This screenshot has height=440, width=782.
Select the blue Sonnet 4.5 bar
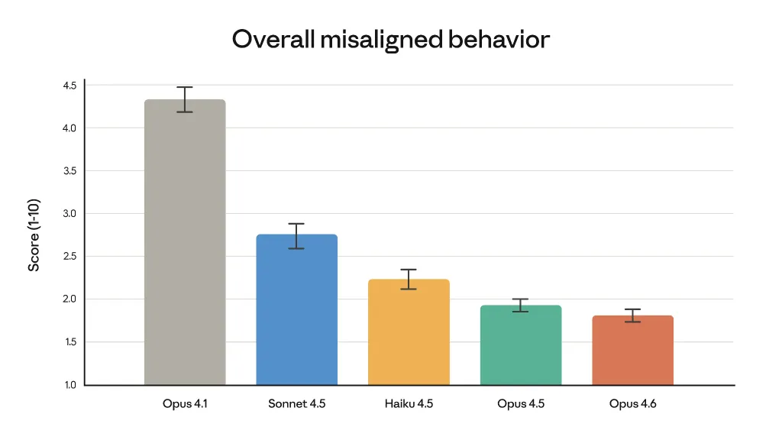coord(296,309)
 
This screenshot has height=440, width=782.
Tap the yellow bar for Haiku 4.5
coord(409,332)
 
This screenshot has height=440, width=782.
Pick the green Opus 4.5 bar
coord(521,345)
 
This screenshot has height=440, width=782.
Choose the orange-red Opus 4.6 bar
coord(632,350)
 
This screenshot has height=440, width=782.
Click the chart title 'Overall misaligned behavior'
coord(390,39)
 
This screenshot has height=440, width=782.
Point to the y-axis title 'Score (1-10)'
coord(34,235)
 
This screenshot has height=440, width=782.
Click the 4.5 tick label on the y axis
coord(69,86)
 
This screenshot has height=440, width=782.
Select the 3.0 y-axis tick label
coord(69,214)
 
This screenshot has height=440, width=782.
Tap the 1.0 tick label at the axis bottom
coord(69,385)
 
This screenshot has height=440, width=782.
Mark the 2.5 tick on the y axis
coord(69,257)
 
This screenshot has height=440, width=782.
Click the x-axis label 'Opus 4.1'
coord(185,403)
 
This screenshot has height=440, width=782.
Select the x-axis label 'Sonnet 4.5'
coord(296,403)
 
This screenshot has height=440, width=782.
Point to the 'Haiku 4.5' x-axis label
coord(409,403)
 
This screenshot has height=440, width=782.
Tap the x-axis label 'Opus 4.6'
coord(632,403)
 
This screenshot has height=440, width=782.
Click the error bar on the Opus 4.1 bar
coord(185,99)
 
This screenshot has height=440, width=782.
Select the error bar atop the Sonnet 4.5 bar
coord(296,236)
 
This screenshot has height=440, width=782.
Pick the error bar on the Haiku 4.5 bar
coord(409,280)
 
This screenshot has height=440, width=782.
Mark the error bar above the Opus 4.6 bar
coord(632,315)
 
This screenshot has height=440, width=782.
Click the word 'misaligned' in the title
coord(381,40)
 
